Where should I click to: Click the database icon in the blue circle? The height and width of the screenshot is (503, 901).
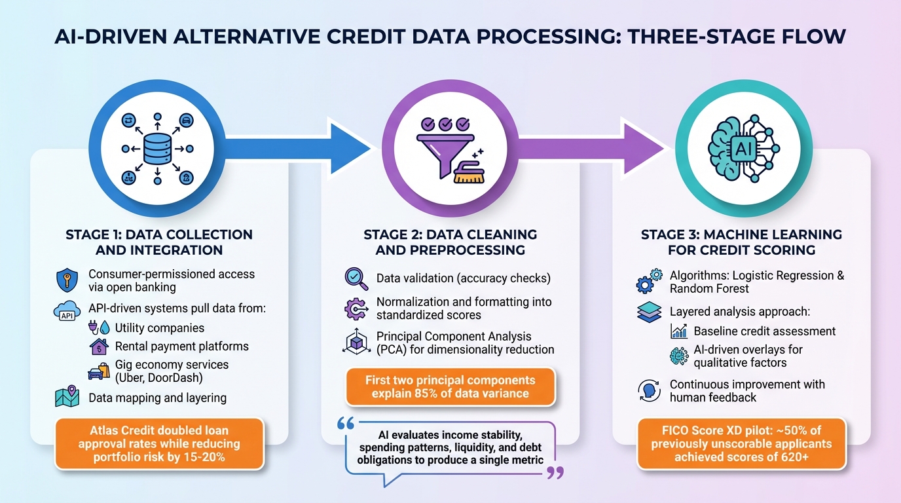click(x=157, y=149)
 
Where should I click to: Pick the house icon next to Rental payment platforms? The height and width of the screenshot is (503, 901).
click(x=99, y=346)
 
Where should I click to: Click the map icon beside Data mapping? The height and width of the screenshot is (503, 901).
click(x=67, y=397)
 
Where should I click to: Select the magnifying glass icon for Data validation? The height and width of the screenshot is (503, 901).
click(x=356, y=278)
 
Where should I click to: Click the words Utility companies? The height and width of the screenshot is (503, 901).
click(x=159, y=327)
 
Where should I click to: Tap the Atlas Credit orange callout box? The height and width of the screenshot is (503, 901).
click(x=160, y=444)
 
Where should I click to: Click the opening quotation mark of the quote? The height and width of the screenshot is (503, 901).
click(x=345, y=424)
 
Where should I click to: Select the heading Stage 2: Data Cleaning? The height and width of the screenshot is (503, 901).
click(x=450, y=234)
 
